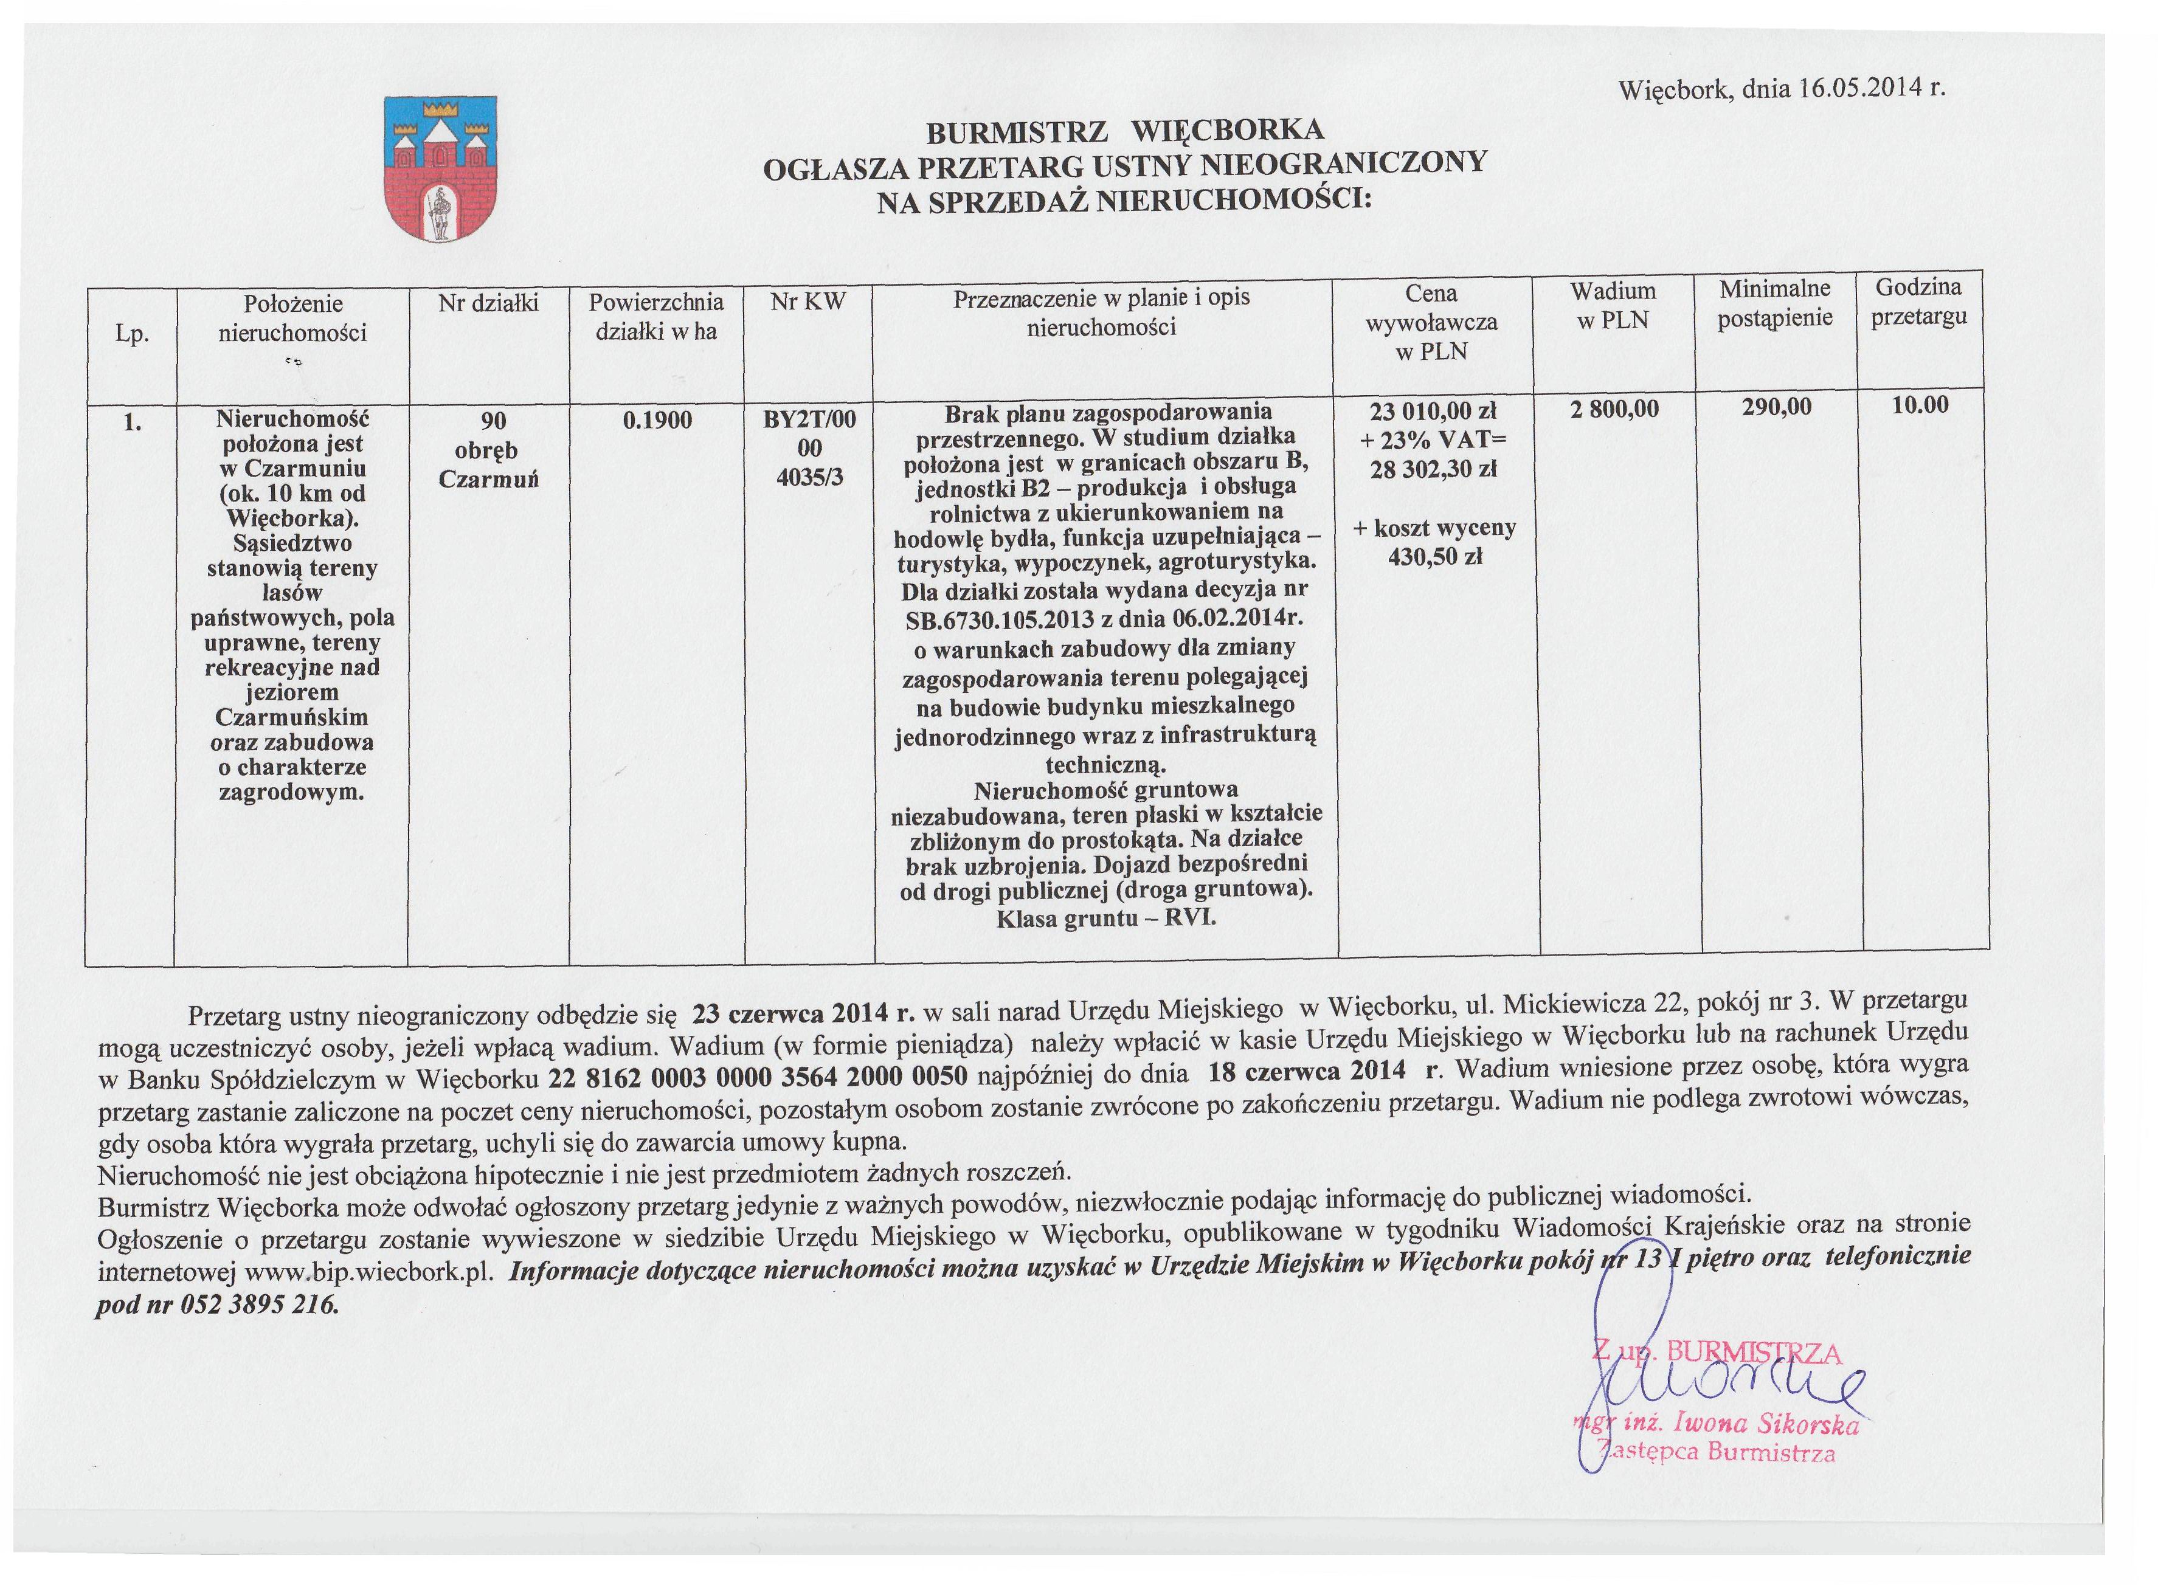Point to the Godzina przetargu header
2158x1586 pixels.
[x=1918, y=302]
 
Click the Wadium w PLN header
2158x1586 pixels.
[x=1613, y=305]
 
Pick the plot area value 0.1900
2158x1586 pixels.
[x=657, y=419]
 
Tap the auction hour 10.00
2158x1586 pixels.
[x=1920, y=405]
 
